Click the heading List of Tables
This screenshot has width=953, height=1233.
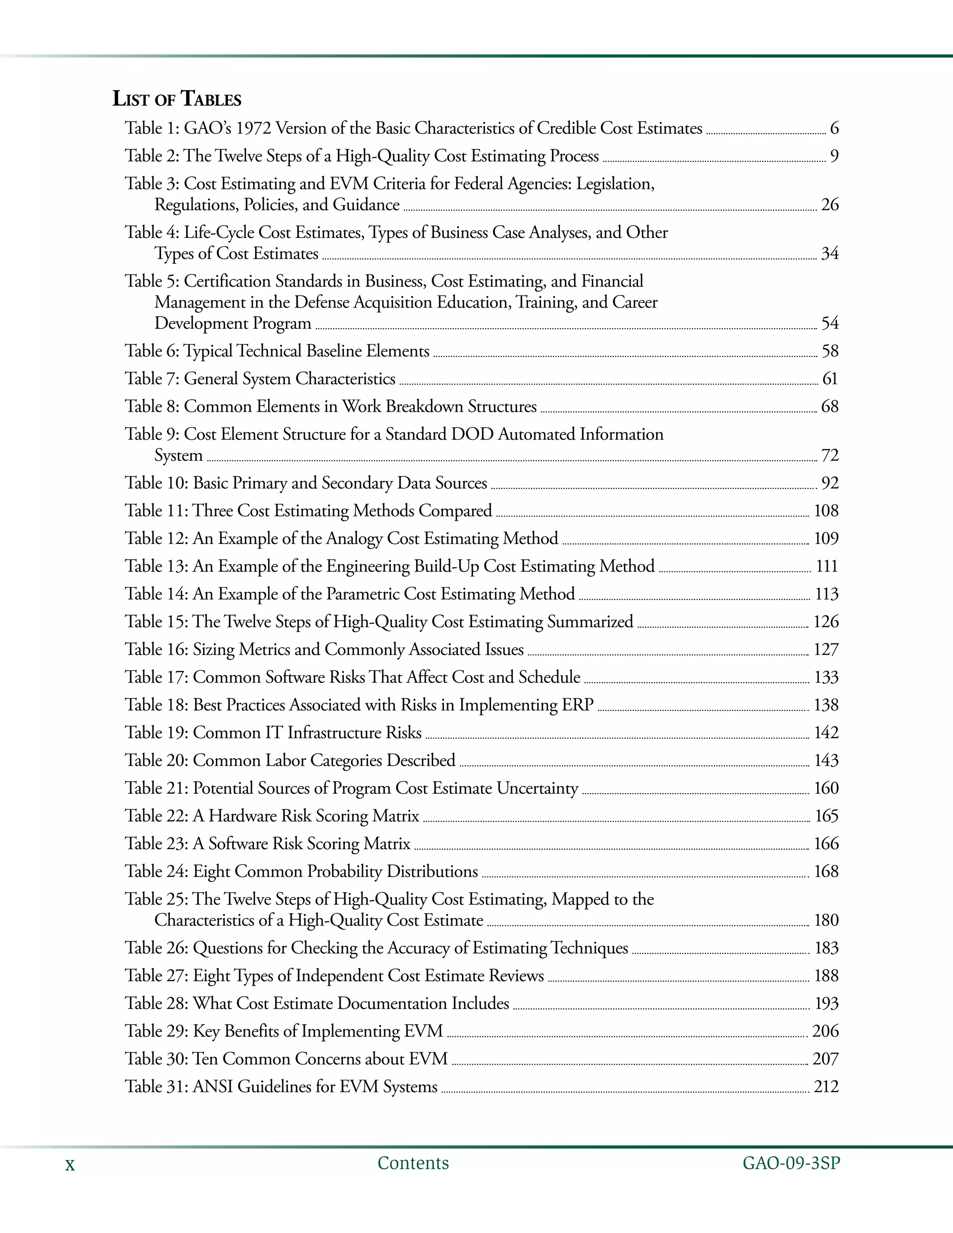177,99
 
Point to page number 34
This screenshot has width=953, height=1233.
829,254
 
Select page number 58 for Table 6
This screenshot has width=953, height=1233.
829,351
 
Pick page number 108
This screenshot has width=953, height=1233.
826,511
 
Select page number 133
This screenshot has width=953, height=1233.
826,677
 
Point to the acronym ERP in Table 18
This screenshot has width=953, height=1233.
577,704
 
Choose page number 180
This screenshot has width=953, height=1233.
826,920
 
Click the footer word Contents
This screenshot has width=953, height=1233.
413,1163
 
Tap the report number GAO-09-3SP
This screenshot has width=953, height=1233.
791,1163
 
